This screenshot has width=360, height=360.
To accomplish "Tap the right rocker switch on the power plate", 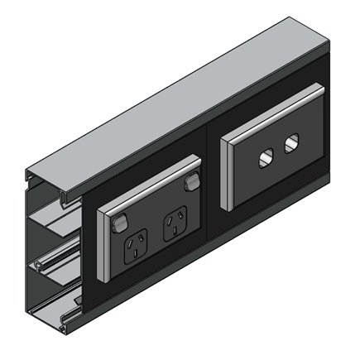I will [192, 183].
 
